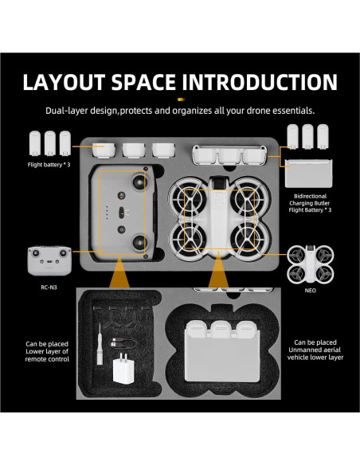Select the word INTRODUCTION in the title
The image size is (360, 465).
pyautogui.click(x=272, y=83)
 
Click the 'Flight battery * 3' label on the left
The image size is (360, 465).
pyautogui.click(x=49, y=165)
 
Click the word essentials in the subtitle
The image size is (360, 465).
pyautogui.click(x=295, y=110)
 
